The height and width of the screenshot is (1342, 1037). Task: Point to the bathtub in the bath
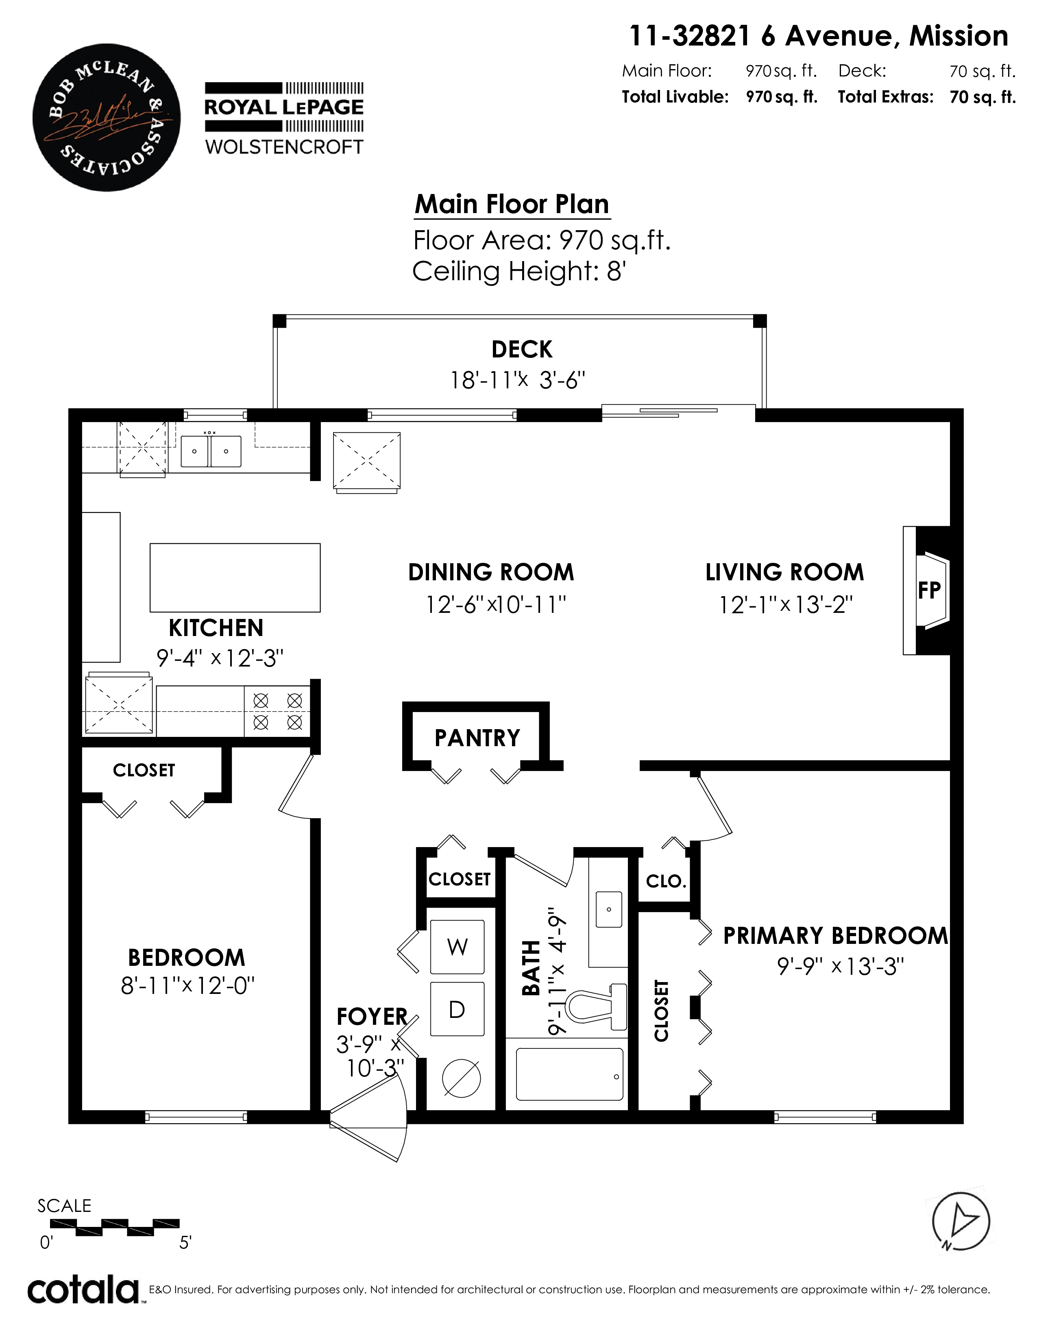pos(569,1074)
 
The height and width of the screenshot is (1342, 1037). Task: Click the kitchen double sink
pos(211,451)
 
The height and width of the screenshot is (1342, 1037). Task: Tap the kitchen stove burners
pos(278,711)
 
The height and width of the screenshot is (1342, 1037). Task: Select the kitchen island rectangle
pos(235,577)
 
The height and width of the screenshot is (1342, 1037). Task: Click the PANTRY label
pos(477,737)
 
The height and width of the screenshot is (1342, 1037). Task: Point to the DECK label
pos(522,350)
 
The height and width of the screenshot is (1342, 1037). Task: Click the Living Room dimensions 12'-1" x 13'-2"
pos(786,605)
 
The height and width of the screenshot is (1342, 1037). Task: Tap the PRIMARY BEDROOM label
pos(836,935)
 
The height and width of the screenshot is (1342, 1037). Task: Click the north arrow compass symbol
pos(961,1220)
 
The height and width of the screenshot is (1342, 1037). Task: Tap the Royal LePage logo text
pos(284,107)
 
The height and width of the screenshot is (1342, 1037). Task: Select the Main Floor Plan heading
pos(512,204)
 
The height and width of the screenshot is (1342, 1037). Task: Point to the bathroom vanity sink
pos(609,909)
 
